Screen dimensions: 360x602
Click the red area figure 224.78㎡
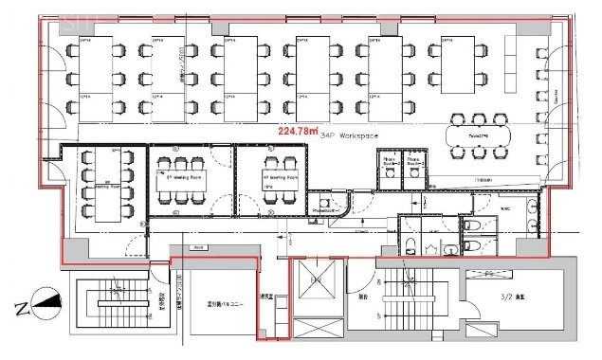(298, 132)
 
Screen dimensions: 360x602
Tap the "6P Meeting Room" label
(184, 177)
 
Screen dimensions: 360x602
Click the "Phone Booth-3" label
(389, 162)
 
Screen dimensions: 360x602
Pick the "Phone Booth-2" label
(415, 162)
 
